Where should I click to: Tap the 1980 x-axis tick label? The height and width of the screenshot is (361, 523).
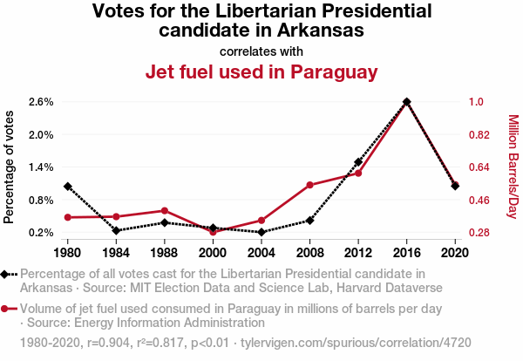[67, 252]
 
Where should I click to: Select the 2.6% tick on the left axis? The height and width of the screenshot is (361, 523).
[41, 102]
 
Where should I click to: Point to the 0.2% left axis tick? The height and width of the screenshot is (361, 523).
[41, 233]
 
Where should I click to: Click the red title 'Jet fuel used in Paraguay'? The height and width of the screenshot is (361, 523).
[261, 72]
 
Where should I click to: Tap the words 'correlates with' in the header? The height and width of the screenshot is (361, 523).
[261, 51]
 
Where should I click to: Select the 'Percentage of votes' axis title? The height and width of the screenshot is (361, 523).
[10, 167]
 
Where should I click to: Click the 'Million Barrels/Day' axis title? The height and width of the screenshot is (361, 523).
[513, 167]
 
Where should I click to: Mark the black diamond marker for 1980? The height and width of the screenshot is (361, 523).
[67, 187]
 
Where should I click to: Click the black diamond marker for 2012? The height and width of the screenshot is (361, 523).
[358, 162]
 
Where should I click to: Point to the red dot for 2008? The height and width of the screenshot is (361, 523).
[309, 185]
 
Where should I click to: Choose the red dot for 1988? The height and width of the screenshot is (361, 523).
[164, 210]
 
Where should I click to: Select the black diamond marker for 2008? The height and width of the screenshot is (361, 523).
[309, 221]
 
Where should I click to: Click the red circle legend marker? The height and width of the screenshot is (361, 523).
[8, 309]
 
